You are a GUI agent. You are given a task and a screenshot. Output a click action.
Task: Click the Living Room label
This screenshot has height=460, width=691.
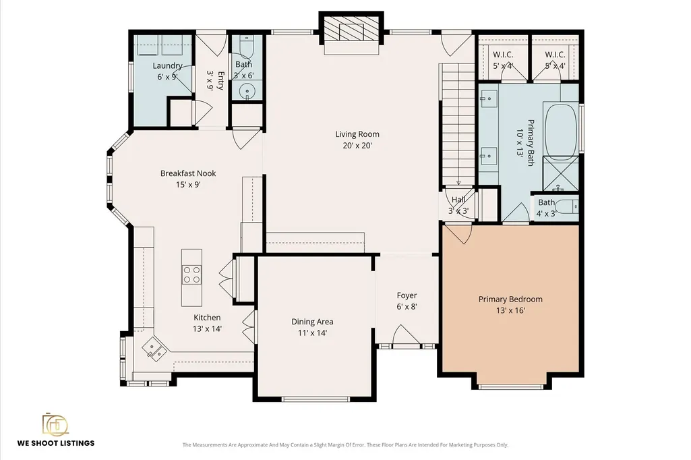tap(357, 134)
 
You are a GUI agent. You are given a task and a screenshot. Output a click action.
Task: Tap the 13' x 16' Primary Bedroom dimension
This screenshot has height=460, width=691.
tap(510, 310)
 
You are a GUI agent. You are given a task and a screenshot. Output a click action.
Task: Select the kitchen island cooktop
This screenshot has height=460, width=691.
tap(191, 275)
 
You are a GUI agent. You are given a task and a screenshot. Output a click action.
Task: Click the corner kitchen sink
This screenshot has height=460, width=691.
tap(154, 349)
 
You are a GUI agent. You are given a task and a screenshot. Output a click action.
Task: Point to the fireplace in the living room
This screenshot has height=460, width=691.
tap(351, 30)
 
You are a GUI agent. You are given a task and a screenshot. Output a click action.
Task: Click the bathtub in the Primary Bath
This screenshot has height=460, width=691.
tap(561, 131)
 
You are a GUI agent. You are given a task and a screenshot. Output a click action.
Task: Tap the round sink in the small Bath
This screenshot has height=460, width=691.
tap(247, 92)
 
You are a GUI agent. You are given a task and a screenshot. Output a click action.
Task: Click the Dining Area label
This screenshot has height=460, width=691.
tap(312, 322)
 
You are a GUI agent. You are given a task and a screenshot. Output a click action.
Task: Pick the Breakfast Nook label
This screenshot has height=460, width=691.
tap(188, 173)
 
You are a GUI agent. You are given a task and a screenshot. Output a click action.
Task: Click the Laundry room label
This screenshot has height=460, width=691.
tap(167, 65)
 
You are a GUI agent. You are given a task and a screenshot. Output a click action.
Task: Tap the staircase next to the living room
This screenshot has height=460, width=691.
tap(458, 124)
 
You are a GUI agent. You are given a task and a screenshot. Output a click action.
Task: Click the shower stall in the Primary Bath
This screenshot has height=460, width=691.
tap(561, 173)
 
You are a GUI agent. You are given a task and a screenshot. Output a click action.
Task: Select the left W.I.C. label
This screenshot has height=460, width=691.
tap(503, 55)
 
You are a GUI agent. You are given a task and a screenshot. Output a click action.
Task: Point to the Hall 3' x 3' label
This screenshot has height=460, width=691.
tap(458, 205)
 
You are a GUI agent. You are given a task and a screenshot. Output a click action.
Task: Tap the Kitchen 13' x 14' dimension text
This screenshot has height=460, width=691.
tap(207, 328)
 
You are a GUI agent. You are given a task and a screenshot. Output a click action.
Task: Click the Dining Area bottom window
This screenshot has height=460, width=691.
tap(316, 399)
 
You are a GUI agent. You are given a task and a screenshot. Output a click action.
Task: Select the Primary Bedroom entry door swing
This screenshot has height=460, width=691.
tap(458, 234)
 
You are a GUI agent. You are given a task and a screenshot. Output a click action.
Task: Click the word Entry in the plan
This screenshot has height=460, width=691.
tap(221, 81)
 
